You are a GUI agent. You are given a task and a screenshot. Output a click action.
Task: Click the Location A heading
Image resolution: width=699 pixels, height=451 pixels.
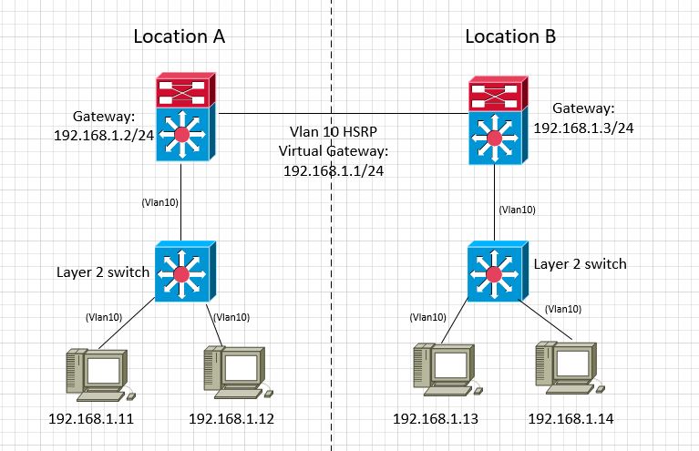tap(179, 36)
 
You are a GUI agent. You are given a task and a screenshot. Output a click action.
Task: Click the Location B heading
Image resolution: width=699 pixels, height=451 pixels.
tap(510, 36)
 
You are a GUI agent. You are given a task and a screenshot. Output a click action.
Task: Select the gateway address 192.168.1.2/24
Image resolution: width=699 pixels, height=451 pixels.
tap(104, 133)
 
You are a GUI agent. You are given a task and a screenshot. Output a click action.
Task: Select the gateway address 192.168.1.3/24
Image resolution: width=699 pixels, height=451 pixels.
tap(583, 128)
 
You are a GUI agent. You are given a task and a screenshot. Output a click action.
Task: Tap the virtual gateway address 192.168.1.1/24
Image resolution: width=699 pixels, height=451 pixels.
tap(334, 169)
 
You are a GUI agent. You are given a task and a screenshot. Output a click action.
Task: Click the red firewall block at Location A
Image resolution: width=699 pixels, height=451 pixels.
tap(183, 90)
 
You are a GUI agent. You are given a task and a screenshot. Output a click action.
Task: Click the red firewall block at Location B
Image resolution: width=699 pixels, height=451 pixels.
tap(497, 95)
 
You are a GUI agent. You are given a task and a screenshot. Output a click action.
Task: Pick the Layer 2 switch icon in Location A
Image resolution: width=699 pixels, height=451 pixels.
tap(183, 272)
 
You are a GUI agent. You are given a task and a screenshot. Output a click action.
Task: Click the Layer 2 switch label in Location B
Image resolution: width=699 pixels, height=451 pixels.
tap(581, 264)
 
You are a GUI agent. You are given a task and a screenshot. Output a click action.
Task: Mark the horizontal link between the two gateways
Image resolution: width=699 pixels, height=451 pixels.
tap(342, 114)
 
